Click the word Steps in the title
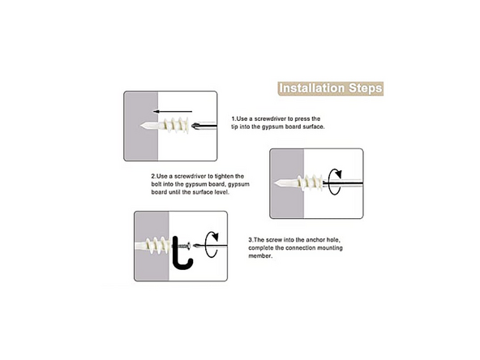point(366,88)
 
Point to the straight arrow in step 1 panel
point(173,111)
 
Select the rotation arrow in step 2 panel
point(335,182)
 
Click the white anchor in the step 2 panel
point(298,182)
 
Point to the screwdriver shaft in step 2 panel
point(343,183)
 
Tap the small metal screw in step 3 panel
point(185,246)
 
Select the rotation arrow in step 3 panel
point(212,245)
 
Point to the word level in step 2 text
point(222,192)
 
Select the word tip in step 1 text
point(234,126)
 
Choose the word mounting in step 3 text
point(330,248)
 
